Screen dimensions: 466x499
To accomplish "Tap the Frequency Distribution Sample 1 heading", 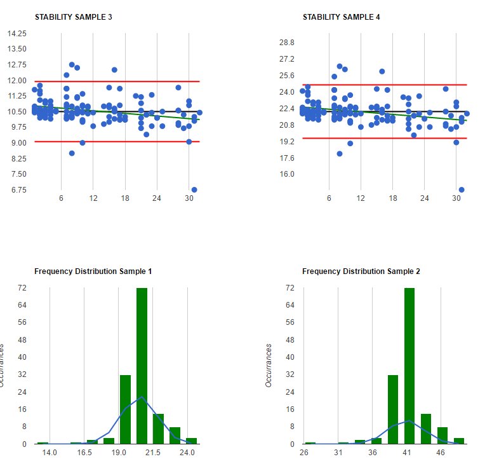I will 93,271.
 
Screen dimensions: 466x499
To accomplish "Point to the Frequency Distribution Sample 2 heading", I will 361,271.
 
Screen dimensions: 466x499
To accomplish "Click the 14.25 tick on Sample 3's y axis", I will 17,33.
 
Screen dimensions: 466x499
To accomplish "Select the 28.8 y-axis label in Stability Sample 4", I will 287,43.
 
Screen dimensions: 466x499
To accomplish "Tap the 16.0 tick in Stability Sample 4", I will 287,174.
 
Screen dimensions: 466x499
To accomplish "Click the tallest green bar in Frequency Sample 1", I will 142,366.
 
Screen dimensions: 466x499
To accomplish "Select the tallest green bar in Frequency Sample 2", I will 409,366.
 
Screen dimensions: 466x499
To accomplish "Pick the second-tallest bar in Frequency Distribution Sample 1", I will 125,409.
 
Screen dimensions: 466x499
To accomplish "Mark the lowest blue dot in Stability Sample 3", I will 194,189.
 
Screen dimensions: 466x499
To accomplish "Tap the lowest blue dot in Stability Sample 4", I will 462,189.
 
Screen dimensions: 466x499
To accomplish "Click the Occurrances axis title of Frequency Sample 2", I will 269,366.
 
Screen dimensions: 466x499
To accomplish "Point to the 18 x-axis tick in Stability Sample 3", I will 125,198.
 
